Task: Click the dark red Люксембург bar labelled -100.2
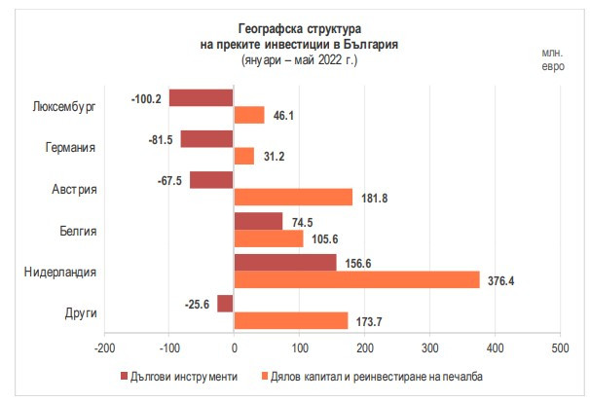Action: (202, 97)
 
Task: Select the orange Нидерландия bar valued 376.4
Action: (356, 279)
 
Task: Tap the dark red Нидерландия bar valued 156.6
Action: (285, 262)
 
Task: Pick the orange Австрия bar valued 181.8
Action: (293, 197)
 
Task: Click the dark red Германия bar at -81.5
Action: (207, 138)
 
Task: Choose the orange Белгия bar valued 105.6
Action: (269, 238)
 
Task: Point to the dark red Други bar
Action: (226, 303)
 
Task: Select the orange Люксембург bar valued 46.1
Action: (249, 115)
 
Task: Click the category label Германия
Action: (70, 148)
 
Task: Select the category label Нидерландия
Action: (60, 272)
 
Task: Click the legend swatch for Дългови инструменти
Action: (123, 376)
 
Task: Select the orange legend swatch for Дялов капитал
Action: (266, 376)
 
